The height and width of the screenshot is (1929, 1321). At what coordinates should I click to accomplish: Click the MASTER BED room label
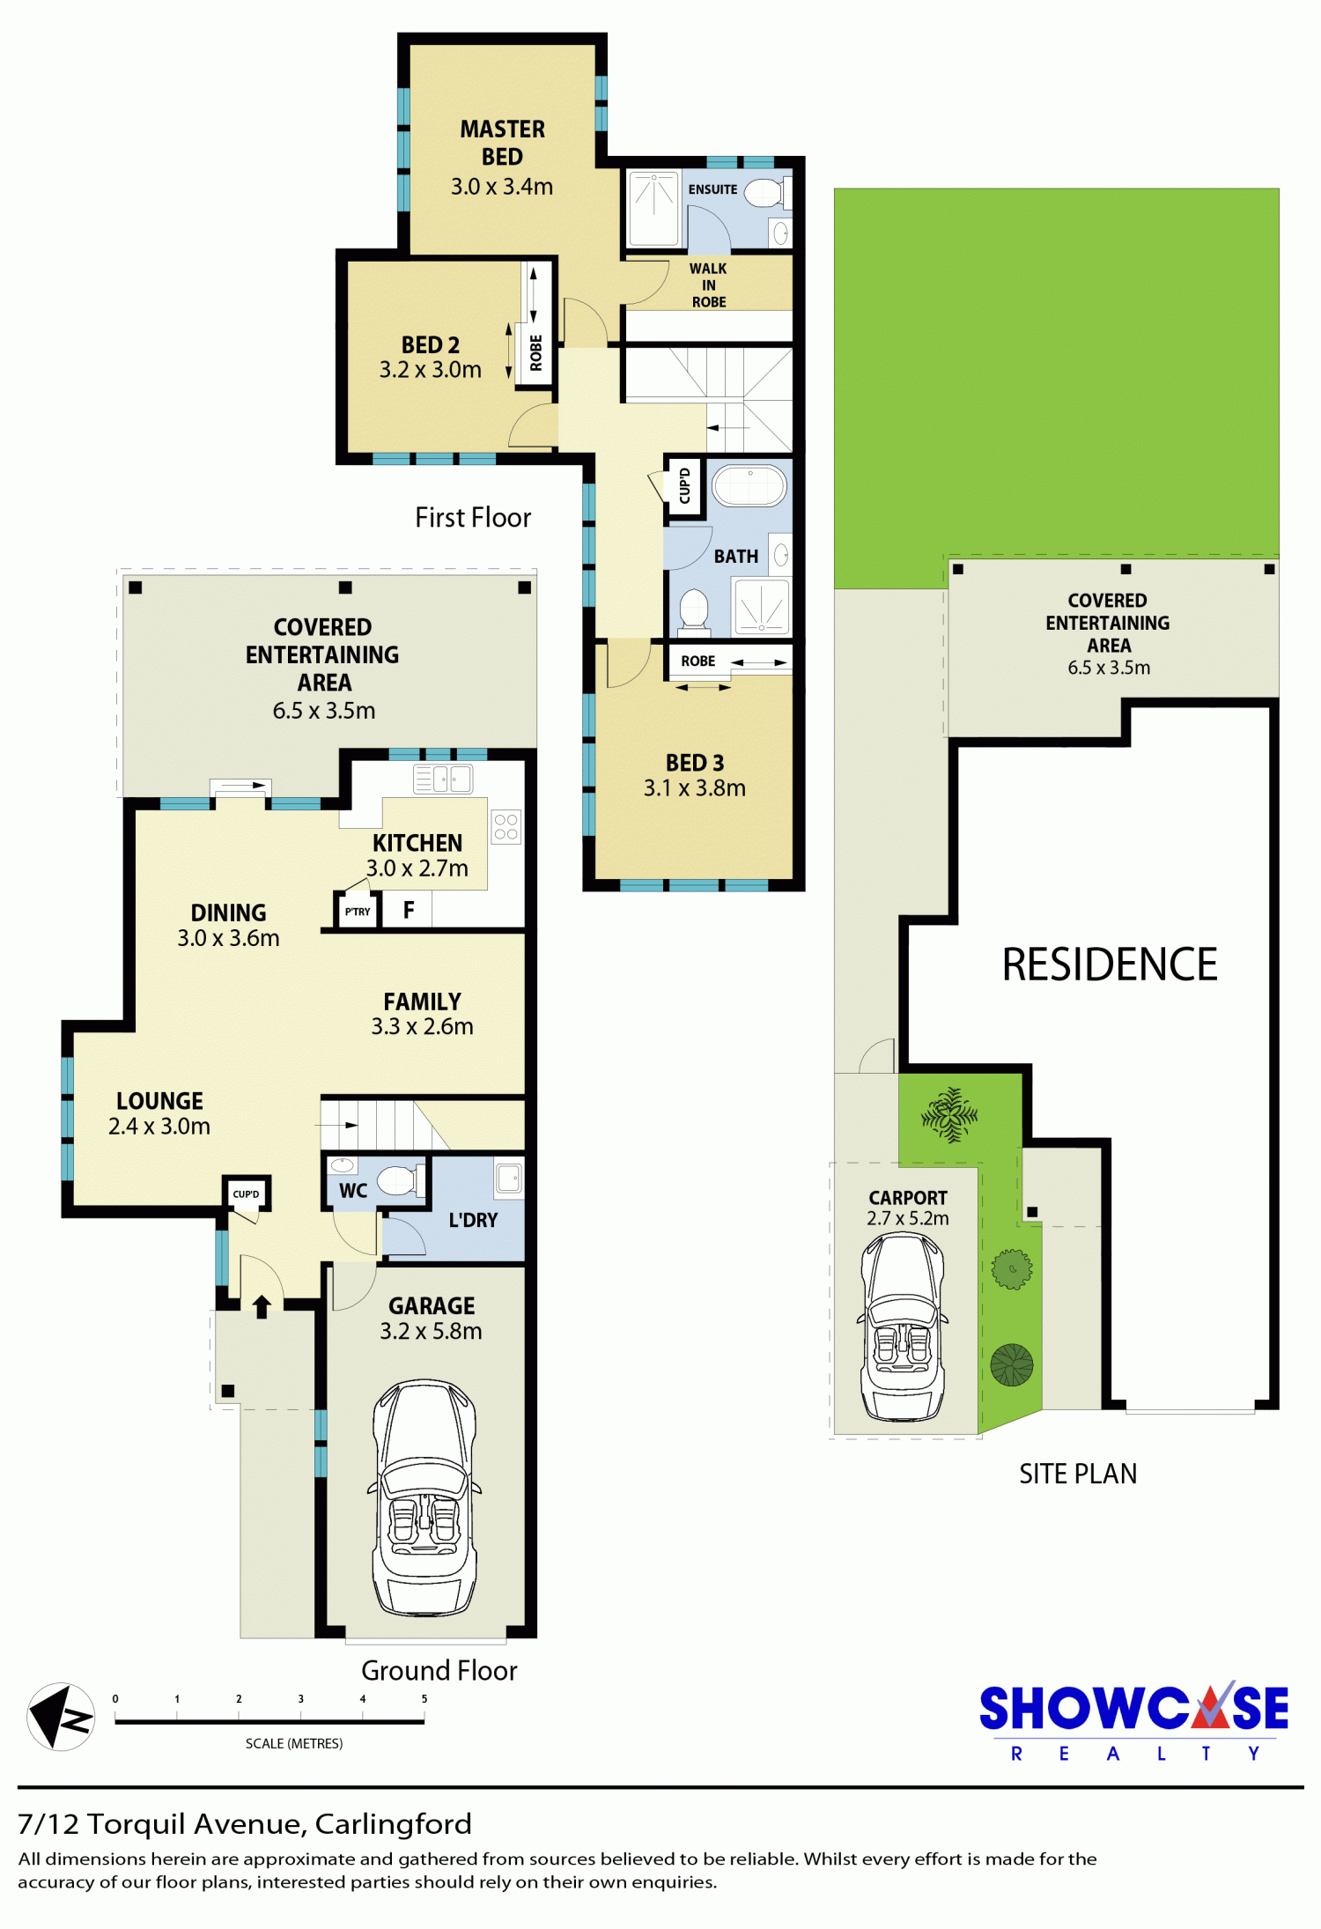(x=502, y=143)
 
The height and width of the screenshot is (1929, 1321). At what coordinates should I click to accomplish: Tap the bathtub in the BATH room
(x=749, y=485)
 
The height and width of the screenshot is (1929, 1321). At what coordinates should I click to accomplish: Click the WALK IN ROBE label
(x=709, y=285)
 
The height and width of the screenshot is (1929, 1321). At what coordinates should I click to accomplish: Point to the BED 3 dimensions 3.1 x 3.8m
(x=695, y=788)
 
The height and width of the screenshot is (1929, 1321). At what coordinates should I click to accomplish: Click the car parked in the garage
(x=425, y=1497)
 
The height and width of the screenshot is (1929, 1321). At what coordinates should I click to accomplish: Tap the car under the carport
(x=903, y=1327)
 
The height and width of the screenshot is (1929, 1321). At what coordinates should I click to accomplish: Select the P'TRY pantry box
(x=358, y=911)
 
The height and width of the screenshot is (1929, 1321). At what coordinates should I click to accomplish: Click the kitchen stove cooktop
(x=506, y=826)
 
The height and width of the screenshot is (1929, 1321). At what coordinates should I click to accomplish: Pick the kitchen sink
(x=443, y=779)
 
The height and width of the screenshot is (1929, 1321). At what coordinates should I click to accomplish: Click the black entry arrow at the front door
(x=262, y=1306)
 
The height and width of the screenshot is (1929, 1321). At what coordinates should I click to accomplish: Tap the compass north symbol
(x=61, y=1717)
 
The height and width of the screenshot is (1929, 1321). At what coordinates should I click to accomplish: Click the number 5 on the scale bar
(x=424, y=1699)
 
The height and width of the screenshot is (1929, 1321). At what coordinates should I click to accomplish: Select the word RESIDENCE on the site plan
(x=1110, y=964)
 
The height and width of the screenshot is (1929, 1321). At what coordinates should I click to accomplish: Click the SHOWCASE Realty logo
(x=1134, y=1720)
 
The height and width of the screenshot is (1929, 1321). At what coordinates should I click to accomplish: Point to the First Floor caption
(x=473, y=517)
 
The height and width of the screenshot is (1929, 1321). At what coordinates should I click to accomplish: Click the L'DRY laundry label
(x=473, y=1220)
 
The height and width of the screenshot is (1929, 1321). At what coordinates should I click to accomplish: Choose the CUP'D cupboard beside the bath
(x=685, y=485)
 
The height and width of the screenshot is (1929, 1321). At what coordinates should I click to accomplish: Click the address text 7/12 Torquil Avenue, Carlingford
(x=245, y=1823)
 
